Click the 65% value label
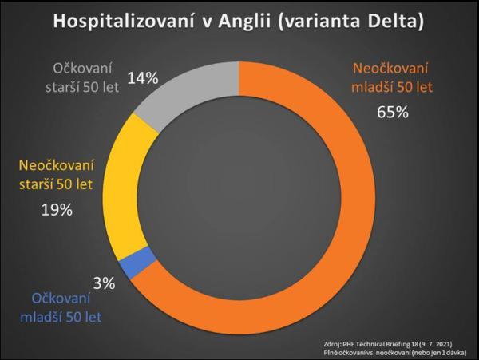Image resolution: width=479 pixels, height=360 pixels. tap(392, 112)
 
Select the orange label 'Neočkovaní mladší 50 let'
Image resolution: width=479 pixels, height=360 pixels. tap(392, 76)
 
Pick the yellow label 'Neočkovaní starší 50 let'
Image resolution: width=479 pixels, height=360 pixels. tap(57, 176)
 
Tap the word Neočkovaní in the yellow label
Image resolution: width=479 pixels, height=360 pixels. tap(57, 166)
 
